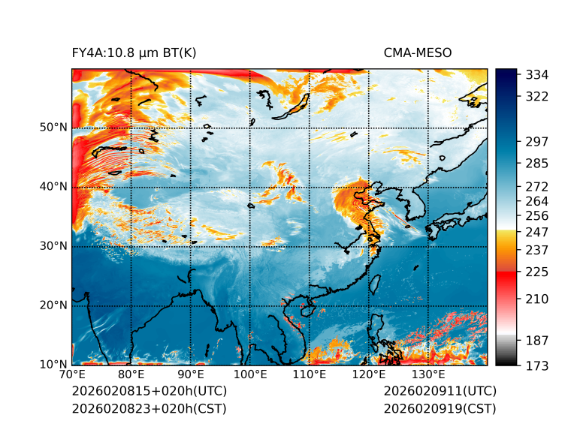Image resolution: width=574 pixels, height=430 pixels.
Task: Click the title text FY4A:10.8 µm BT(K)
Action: [134, 53]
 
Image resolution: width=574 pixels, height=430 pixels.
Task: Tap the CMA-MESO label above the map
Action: [418, 53]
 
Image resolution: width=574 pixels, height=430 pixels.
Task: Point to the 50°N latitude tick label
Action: [53, 128]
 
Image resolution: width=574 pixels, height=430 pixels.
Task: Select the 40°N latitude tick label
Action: [53, 187]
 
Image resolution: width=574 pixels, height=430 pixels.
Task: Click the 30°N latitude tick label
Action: [53, 246]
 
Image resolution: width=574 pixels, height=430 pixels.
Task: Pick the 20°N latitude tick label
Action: [53, 305]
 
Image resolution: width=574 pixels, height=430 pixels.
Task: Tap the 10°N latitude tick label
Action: [53, 365]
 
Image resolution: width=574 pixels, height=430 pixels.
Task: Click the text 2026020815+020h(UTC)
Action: [149, 391]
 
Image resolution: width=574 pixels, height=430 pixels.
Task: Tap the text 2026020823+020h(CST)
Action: [149, 408]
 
